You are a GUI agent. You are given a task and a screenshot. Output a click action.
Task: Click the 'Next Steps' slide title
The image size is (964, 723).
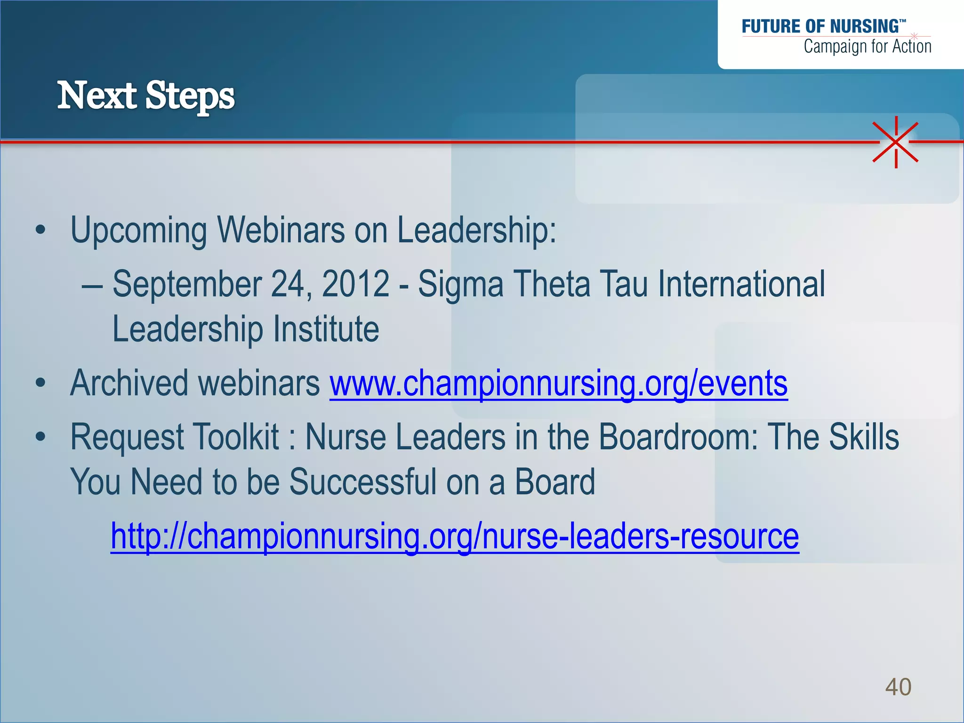coord(146,96)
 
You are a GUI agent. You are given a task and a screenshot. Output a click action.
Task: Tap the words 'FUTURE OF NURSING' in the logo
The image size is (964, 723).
coord(820,26)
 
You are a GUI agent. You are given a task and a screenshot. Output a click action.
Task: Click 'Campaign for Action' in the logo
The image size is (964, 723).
coord(867,47)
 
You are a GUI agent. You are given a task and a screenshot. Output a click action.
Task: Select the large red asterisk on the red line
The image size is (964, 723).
coord(896,142)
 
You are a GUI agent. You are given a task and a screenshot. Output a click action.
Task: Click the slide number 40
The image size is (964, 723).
coord(898,687)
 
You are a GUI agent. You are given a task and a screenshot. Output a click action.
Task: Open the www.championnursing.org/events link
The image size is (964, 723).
coord(558,383)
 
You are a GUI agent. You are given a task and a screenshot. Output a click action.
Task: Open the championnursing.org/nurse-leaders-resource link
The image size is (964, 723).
coord(455,537)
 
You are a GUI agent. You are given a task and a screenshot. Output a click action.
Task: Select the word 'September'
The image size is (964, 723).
coord(187,284)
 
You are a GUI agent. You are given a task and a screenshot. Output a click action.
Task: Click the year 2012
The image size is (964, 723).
coord(356,284)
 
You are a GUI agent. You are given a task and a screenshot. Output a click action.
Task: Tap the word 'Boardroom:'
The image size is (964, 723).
coord(678,437)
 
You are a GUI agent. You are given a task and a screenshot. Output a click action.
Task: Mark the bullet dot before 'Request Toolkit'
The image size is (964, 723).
coord(40,437)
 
